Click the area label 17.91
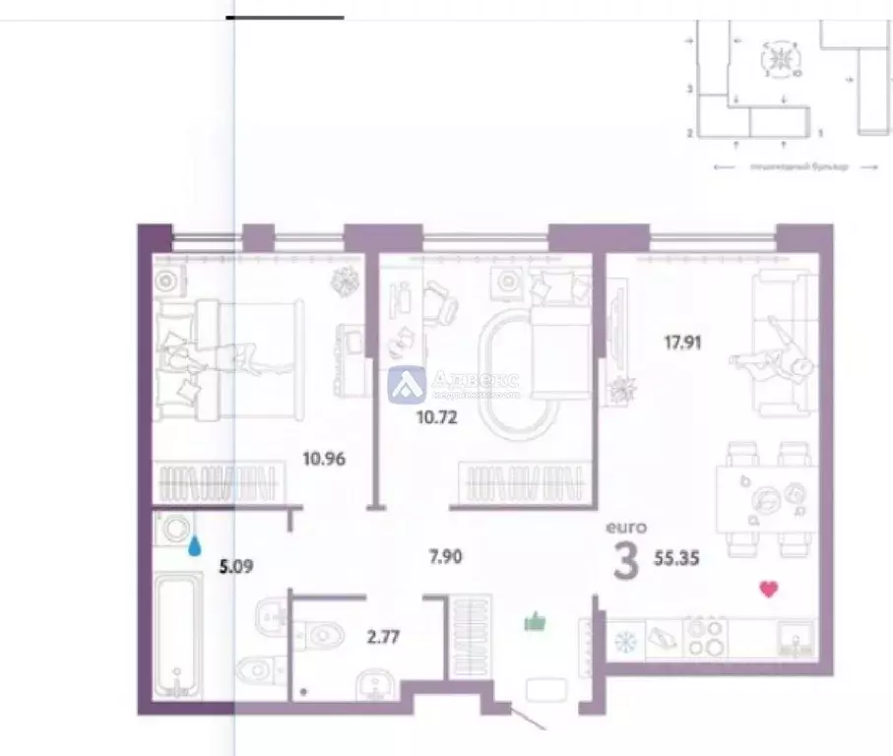[681, 344]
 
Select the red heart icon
[769, 590]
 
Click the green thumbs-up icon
[535, 620]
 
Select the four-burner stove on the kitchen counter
[706, 636]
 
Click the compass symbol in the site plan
[781, 60]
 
